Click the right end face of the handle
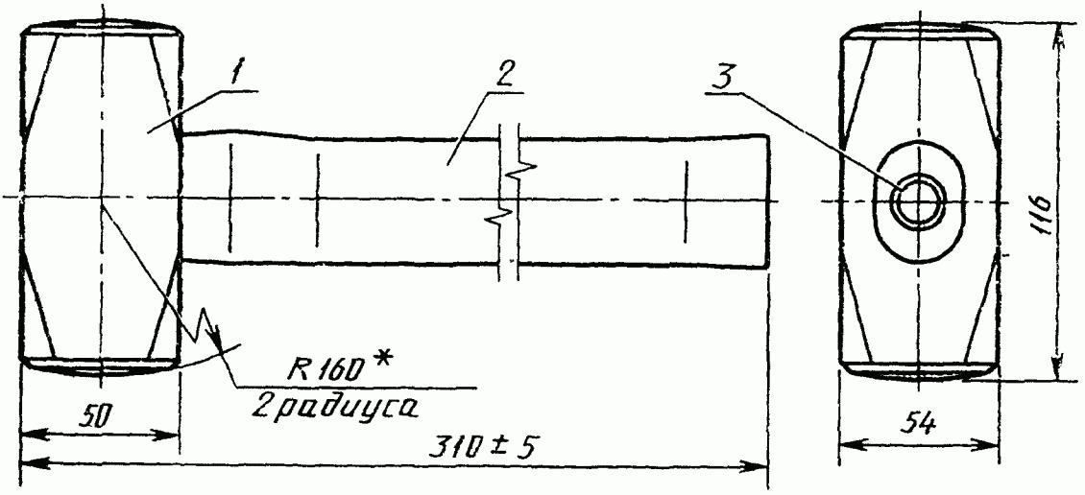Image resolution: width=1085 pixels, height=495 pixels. point(769,201)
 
